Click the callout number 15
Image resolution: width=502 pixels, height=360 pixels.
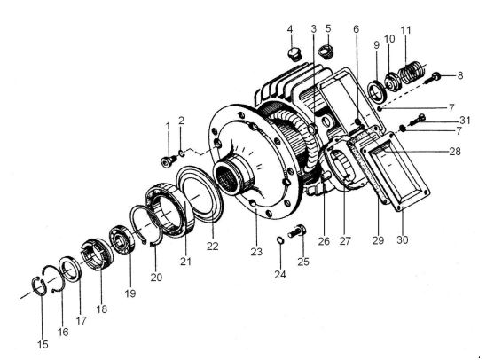43,345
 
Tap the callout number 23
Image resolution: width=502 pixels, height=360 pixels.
256,252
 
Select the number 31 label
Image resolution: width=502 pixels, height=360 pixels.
465,121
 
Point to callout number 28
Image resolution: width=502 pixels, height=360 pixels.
455,151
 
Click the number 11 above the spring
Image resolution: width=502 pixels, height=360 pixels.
405,30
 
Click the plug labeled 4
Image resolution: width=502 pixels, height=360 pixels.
294,55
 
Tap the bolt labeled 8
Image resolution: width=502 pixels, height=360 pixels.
433,78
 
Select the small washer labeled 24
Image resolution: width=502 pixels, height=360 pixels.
279,239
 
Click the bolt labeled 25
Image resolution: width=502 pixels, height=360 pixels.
297,231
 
